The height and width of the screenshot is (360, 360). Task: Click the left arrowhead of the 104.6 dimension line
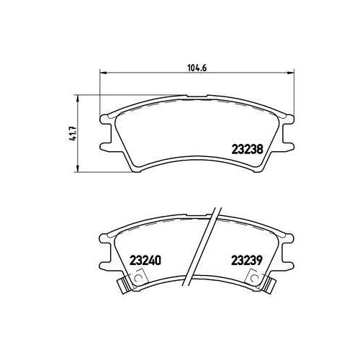[x=101, y=73]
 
